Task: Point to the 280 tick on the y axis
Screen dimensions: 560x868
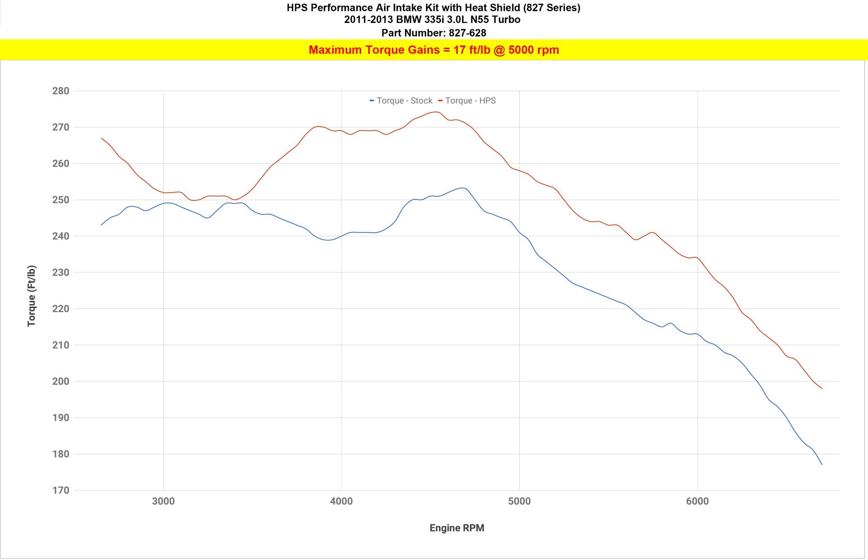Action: (61, 91)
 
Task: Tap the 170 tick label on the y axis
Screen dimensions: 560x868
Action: (61, 490)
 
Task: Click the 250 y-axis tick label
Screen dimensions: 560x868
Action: (61, 200)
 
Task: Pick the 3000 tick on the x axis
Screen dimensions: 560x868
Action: (163, 501)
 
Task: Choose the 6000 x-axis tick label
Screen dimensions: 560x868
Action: (697, 501)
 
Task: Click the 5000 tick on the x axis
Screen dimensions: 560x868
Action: (519, 501)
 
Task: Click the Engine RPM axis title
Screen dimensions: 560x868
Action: (457, 528)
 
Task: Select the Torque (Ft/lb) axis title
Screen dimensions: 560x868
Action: (32, 296)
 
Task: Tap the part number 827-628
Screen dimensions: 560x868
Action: (467, 33)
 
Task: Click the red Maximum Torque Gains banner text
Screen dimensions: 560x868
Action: (434, 50)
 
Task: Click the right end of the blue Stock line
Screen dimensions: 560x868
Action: (822, 464)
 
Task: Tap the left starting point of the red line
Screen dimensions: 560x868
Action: (101, 138)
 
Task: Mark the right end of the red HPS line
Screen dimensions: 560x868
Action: (822, 388)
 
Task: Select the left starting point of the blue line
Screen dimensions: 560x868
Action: (101, 225)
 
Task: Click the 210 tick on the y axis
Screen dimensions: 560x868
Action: (61, 345)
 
